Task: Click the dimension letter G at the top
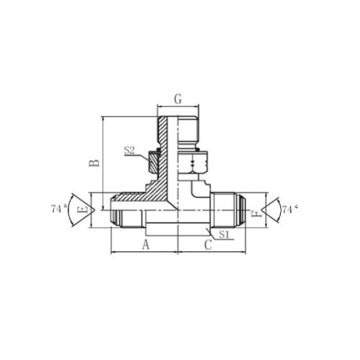click(178, 99)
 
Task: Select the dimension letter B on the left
click(94, 163)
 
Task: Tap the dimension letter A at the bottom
click(146, 245)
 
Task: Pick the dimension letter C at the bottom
click(208, 245)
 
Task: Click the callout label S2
click(129, 150)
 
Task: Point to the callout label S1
click(225, 234)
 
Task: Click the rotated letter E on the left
click(84, 210)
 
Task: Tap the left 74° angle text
click(58, 209)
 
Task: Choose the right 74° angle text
click(289, 210)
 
